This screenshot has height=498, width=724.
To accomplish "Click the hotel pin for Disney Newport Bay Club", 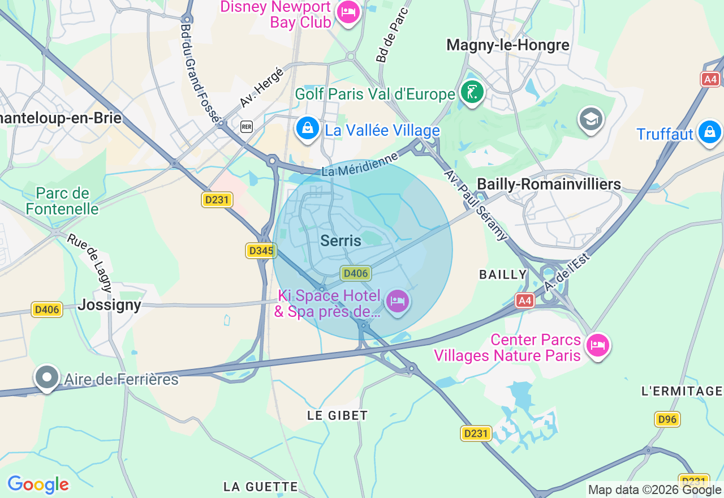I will tap(348, 12).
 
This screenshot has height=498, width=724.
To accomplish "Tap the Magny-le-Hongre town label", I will tap(508, 45).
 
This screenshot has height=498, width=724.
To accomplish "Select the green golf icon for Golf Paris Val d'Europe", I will tap(472, 92).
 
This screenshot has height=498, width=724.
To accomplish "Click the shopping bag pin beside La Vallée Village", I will tap(307, 128).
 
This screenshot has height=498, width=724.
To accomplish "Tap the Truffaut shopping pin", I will tap(709, 132).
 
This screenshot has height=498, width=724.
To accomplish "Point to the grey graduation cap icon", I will tap(591, 119).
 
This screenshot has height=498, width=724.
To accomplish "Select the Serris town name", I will tap(341, 241).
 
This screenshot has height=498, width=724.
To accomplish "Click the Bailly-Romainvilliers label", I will tap(549, 184).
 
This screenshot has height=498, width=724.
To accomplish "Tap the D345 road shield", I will tap(261, 251).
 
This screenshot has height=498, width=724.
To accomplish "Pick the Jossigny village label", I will tap(110, 305).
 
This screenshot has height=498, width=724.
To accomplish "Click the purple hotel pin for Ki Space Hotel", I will tap(398, 301).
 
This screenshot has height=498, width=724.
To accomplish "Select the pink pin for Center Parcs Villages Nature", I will tap(598, 345).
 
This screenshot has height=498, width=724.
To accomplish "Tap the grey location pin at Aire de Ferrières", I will tap(47, 377).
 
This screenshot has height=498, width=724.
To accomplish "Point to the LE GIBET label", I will tap(338, 415).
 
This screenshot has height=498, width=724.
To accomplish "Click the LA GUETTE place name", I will tap(261, 487).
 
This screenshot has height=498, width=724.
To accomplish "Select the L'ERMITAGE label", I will tap(682, 391).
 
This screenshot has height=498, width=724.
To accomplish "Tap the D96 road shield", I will tap(667, 419).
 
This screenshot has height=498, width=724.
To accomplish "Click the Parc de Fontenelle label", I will tap(62, 201).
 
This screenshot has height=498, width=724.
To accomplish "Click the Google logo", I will tap(38, 484).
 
